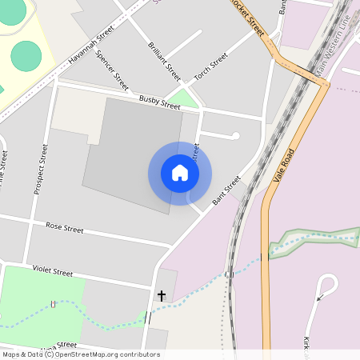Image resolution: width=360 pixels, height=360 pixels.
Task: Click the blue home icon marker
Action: [180, 173]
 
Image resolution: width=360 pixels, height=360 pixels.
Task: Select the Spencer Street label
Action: [111, 70]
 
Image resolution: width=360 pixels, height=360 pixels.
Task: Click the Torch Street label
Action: [211, 69]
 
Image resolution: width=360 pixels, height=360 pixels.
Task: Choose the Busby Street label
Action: [159, 102]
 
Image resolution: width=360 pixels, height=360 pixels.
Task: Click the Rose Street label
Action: [64, 227]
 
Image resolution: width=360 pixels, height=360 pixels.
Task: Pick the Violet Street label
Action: [53, 272]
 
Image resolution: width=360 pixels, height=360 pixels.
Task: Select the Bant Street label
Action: [226, 191]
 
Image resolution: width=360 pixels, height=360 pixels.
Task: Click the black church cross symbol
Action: [161, 296]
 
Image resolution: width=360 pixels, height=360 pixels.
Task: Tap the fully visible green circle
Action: [26, 55]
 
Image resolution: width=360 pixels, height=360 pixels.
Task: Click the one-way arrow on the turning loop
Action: [320, 297]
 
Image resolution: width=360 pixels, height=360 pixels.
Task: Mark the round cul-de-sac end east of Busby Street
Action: [235, 135]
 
